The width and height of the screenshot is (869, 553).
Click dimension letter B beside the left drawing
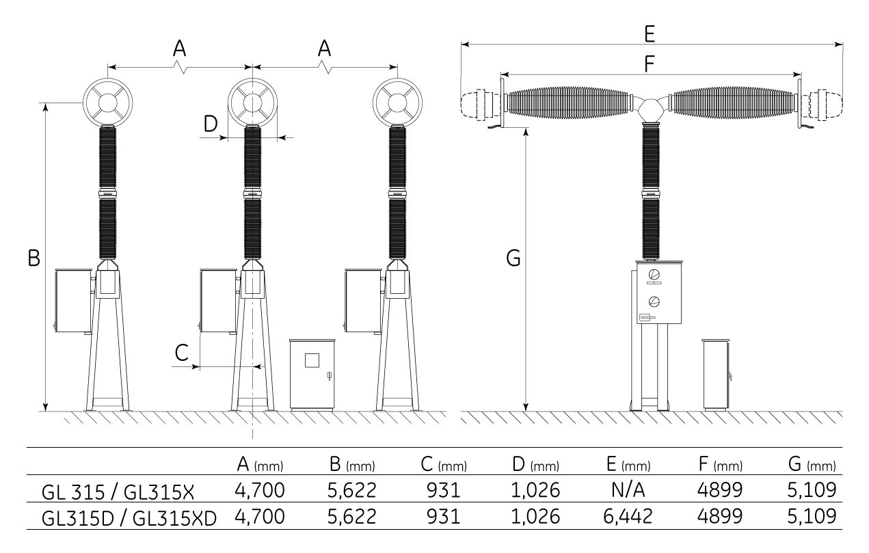click(x=34, y=258)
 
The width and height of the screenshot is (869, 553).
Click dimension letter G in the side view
click(x=513, y=258)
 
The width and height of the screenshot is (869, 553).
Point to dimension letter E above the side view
click(x=650, y=33)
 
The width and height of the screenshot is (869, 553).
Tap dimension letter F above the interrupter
click(x=650, y=64)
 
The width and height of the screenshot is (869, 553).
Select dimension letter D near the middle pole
click(x=211, y=124)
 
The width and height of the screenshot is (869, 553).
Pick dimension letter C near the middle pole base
click(x=182, y=353)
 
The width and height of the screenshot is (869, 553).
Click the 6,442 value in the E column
click(x=628, y=516)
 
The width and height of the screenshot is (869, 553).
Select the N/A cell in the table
click(x=628, y=490)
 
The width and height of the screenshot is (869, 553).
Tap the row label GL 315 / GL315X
click(x=118, y=492)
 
